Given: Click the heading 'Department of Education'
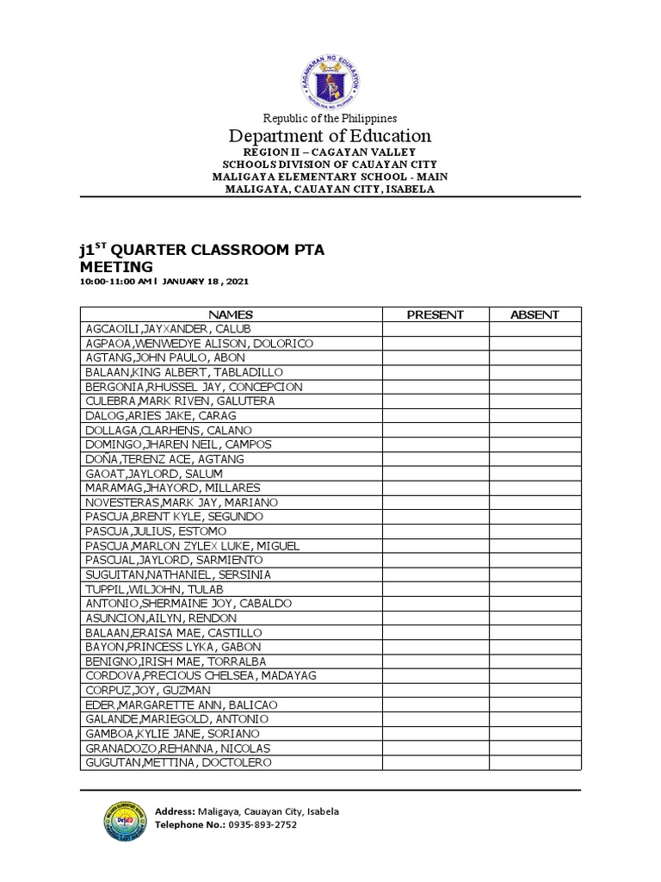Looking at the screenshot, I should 330,136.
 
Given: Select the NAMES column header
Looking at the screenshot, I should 231,314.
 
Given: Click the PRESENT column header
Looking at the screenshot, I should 435,314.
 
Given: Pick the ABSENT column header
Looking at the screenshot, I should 534,314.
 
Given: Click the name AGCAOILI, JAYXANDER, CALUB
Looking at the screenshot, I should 158,329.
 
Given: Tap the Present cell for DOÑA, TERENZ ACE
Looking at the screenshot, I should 435,459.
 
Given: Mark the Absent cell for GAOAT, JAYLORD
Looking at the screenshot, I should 534,474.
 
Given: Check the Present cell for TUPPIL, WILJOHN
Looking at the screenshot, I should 435,589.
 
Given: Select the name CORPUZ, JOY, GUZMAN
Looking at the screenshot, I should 142,690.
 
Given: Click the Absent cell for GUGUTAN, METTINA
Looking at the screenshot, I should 534,762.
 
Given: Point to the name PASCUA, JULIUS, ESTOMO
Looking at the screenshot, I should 149,531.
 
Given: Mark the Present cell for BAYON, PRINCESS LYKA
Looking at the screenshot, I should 435,647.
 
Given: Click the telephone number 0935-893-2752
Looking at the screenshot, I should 262,825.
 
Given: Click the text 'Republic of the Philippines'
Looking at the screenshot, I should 330,118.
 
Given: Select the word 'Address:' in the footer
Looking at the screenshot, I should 175,811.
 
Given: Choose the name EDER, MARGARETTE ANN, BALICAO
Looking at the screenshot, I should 175,705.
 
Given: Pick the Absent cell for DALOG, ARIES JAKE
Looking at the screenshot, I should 534,416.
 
